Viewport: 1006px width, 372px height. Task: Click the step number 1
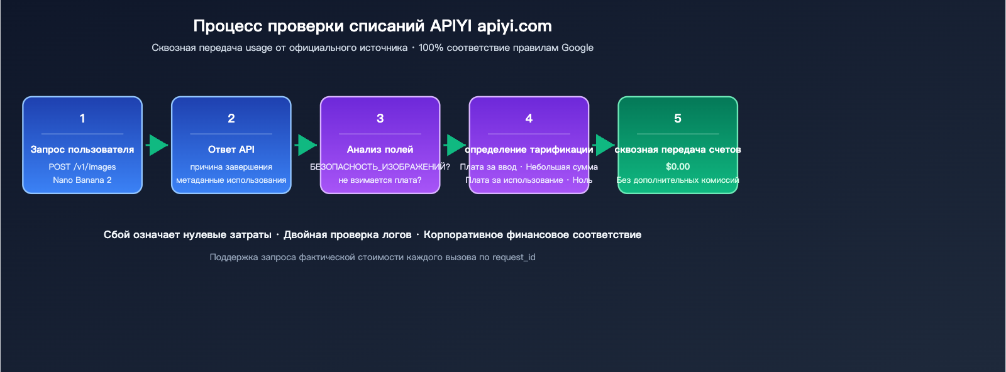pyautogui.click(x=82, y=118)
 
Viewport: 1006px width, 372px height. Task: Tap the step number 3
pyautogui.click(x=380, y=118)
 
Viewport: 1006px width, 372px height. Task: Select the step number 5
pyautogui.click(x=677, y=118)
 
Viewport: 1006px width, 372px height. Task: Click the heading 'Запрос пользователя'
pyautogui.click(x=82, y=150)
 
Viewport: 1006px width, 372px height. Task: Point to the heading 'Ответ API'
pyautogui.click(x=231, y=150)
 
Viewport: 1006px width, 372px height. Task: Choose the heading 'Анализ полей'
pyautogui.click(x=380, y=150)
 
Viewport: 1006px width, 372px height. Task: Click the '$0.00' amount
pyautogui.click(x=678, y=167)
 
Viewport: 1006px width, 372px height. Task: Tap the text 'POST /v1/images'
pyautogui.click(x=82, y=167)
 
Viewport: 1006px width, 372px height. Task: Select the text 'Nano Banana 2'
pyautogui.click(x=82, y=180)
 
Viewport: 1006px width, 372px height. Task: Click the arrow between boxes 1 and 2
pyautogui.click(x=157, y=145)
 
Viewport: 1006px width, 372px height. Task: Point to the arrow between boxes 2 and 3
pyautogui.click(x=306, y=145)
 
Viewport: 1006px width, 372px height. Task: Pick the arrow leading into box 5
pyautogui.click(x=604, y=145)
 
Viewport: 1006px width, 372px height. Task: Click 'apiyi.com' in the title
pyautogui.click(x=514, y=26)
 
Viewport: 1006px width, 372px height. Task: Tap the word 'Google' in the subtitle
pyautogui.click(x=577, y=48)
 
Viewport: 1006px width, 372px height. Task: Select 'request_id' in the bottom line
pyautogui.click(x=514, y=257)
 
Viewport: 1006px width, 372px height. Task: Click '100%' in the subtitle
pyautogui.click(x=431, y=48)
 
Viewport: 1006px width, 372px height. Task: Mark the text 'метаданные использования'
pyautogui.click(x=231, y=180)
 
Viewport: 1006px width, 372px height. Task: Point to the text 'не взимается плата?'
pyautogui.click(x=380, y=180)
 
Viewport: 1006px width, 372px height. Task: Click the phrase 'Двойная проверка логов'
pyautogui.click(x=347, y=235)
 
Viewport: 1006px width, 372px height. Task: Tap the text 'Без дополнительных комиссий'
pyautogui.click(x=678, y=180)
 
